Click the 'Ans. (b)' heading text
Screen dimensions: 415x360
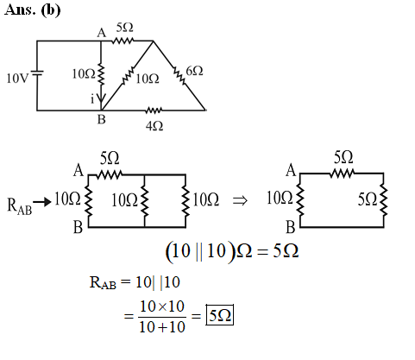pos(32,10)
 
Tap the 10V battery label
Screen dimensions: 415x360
pos(17,78)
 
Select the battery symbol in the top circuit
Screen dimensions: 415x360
pos(37,74)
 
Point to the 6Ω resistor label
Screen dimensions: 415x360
pos(194,71)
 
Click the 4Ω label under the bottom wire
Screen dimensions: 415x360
pos(154,126)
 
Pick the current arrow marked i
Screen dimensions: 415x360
pos(101,98)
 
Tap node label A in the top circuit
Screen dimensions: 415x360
pos(101,33)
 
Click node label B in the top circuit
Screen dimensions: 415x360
pos(102,119)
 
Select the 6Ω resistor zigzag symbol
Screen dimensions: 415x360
pos(179,76)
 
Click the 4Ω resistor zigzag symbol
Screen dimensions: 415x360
pos(154,111)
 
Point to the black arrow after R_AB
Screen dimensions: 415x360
pos(42,202)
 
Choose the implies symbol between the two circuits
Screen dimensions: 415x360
pos(240,200)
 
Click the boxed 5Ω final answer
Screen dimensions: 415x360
pos(220,315)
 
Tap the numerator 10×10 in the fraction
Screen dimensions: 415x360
pos(162,306)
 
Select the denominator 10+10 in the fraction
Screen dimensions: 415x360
pos(162,327)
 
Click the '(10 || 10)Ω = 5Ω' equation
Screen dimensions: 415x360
pos(232,251)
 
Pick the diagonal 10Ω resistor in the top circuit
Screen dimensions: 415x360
pos(128,76)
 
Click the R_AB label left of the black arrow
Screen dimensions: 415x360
pos(19,205)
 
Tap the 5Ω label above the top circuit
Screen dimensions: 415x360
pos(125,28)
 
